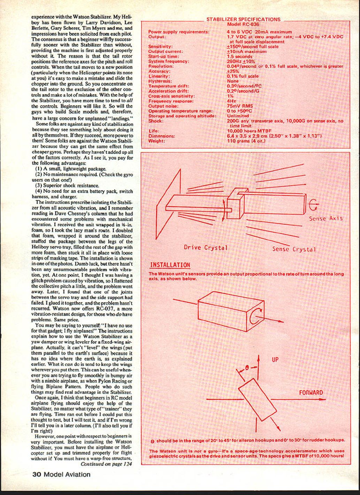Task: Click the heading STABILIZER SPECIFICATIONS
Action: point(243,20)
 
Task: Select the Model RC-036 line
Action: point(243,24)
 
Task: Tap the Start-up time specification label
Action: point(163,56)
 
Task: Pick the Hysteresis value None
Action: point(233,81)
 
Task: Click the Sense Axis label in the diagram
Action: point(325,219)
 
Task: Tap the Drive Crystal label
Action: point(206,248)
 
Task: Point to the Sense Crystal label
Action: point(294,249)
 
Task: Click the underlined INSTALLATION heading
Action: point(170,265)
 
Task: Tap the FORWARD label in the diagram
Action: point(311,393)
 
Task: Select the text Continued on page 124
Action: point(106,464)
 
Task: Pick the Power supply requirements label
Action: point(179,32)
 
